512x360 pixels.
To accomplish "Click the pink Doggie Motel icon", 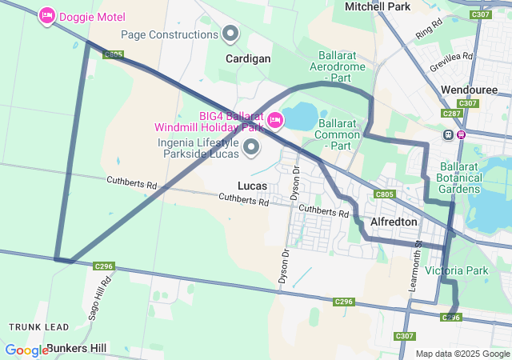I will [47, 15].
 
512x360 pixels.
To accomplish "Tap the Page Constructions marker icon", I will [231, 34].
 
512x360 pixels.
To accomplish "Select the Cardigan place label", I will [248, 58].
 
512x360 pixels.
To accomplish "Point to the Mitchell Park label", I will [377, 6].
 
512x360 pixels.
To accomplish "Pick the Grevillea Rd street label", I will [451, 60].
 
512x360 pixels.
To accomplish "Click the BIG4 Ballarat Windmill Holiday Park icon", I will [275, 120].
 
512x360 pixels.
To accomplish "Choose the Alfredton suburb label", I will [394, 222].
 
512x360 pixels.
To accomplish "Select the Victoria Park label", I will [456, 270].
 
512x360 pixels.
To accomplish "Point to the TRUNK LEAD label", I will [34, 327].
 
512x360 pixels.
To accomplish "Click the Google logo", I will [26, 350].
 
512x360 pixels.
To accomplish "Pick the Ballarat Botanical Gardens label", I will [460, 177].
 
